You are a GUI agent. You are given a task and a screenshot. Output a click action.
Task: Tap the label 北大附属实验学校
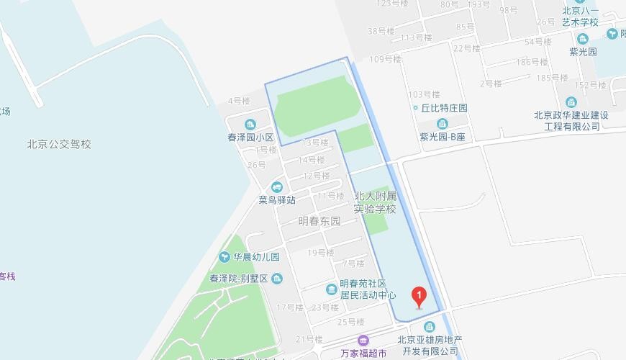tap(376, 202)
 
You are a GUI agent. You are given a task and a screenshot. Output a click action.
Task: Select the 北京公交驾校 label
tap(59, 144)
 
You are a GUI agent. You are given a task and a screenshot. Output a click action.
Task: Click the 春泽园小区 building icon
tap(250, 124)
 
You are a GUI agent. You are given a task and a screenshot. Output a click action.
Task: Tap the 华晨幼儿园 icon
tap(225, 257)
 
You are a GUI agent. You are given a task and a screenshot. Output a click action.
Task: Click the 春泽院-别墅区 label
tap(239, 279)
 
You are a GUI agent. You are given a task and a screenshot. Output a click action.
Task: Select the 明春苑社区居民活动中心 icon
tap(330, 289)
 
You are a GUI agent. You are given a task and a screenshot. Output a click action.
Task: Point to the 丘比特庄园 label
tap(444, 108)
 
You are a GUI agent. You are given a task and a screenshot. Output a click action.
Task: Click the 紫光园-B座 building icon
tap(443, 124)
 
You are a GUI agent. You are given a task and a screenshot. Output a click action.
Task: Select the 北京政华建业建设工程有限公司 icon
tap(571, 102)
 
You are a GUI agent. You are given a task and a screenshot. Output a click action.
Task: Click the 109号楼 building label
tap(385, 59)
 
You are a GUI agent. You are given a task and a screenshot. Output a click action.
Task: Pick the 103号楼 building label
tap(423, 94)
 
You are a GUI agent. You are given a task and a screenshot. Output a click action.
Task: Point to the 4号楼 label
tap(238, 101)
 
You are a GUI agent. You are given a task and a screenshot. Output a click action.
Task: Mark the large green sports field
tap(316, 112)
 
